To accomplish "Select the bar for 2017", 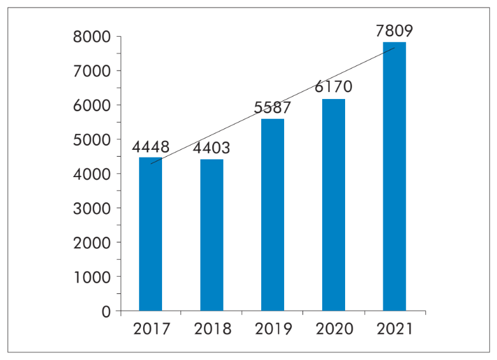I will point(151,234).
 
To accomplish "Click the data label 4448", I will point(151,148).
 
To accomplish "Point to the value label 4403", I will point(212,149).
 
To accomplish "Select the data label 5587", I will point(273,108).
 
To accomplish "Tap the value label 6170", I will point(334,87).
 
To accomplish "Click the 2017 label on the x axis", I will point(151,329).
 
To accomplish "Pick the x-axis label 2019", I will point(273,329).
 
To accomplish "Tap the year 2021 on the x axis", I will point(394,329).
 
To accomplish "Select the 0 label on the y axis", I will point(106,312).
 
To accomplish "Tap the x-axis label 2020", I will point(334,329).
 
